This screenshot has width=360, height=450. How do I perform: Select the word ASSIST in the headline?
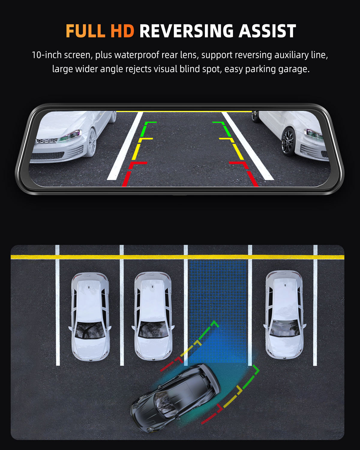pyautogui.click(x=267, y=31)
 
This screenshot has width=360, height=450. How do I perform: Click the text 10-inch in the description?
pyautogui.click(x=47, y=55)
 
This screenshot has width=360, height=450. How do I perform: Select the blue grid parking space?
pyautogui.click(x=218, y=312)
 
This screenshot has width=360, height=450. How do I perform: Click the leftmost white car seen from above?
pyautogui.click(x=90, y=316)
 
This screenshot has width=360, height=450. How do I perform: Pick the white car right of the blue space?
pyautogui.click(x=284, y=314)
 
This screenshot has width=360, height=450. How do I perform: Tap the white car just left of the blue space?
pyautogui.click(x=153, y=316)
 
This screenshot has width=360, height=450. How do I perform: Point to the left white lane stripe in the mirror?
pyautogui.click(x=125, y=146)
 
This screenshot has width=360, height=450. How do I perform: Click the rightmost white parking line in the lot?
pyautogui.click(x=315, y=305)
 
